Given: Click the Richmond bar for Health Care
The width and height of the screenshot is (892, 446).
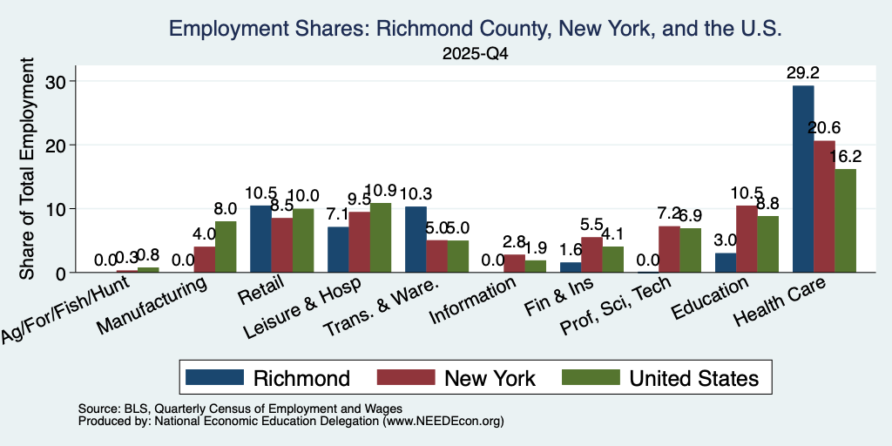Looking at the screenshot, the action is coord(802,179).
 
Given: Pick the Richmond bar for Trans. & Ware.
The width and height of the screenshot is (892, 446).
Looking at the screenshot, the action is coord(416,240).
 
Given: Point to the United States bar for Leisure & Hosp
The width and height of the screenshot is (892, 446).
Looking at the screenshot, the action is coord(381,238).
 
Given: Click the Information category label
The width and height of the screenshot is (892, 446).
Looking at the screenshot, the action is coord(473,300).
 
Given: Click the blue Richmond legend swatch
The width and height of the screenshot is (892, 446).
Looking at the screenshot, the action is coord(214,377).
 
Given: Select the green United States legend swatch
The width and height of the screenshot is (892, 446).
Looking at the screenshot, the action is coord(591,377).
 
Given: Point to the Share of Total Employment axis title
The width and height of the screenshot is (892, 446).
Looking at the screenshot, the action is coord(27,168).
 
